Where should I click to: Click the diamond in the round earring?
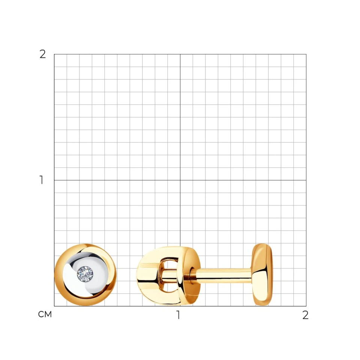click(85, 274)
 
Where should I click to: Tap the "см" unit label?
click(45, 314)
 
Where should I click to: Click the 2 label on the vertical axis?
click(43, 54)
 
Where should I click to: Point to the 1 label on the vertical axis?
click(42, 180)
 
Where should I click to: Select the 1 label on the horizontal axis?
click(178, 315)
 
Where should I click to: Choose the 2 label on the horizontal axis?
click(305, 315)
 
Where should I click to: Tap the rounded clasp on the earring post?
click(169, 276)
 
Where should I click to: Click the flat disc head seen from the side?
click(262, 274)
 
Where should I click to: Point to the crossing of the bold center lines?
click(180, 180)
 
